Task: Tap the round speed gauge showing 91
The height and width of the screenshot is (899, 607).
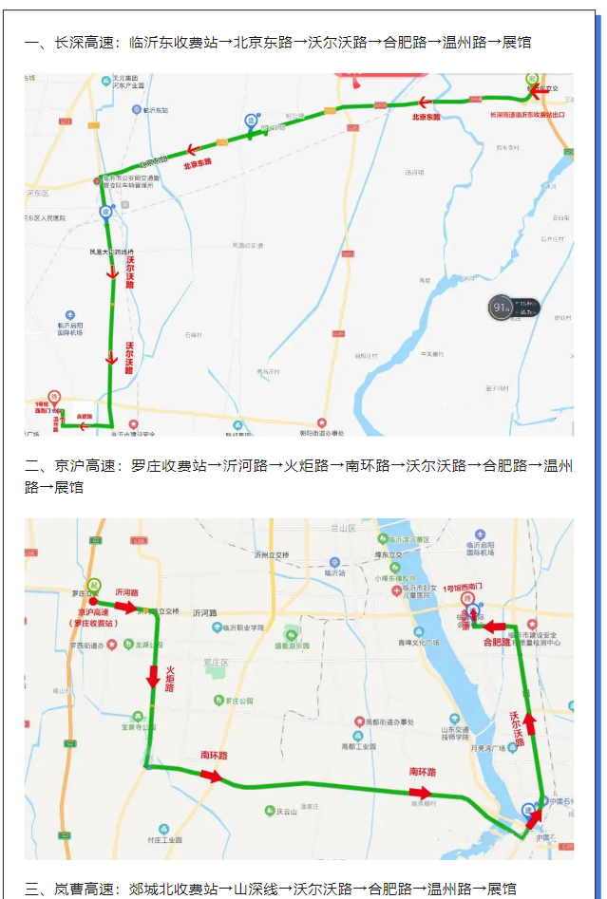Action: [x=501, y=308]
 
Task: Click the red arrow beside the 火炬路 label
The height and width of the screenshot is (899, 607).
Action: [x=153, y=676]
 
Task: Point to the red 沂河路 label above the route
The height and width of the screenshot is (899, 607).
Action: [x=127, y=591]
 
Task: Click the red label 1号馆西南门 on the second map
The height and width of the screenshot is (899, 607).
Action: [x=466, y=589]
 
